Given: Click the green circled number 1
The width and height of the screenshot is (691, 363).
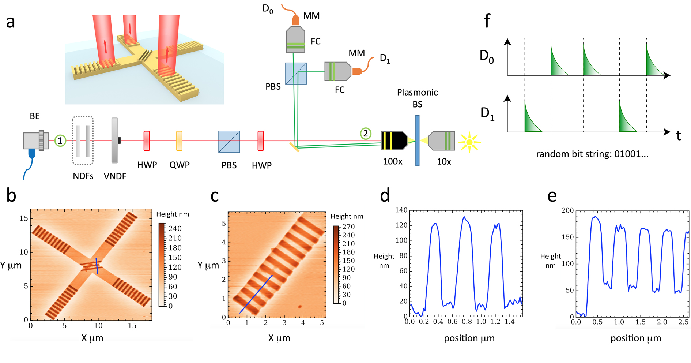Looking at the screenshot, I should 60,141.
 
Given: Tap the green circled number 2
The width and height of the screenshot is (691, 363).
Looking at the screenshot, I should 366,134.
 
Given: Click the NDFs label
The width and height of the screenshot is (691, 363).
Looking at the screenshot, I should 83,176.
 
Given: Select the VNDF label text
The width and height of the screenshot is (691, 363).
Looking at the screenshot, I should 115,176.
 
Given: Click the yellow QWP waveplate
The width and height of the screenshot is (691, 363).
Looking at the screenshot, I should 179,141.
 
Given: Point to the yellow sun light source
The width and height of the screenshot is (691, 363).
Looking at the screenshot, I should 469,142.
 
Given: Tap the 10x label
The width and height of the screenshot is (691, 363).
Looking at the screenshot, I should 444,162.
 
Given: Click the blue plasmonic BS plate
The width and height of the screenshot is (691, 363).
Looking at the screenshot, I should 417,141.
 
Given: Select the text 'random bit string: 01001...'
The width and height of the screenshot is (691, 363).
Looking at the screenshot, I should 592,154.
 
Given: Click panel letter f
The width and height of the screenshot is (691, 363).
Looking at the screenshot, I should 487,21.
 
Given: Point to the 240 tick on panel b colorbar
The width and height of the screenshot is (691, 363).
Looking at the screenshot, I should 175,229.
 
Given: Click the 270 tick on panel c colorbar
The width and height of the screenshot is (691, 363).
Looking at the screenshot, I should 348,227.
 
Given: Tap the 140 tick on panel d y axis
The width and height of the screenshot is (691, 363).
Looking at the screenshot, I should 401,210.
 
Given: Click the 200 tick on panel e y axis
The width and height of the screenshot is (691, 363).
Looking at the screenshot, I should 567,210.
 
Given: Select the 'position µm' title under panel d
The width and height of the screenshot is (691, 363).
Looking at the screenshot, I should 469,338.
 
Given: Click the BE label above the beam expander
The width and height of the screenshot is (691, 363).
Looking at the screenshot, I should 35,116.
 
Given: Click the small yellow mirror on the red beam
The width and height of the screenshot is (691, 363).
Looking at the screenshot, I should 294,147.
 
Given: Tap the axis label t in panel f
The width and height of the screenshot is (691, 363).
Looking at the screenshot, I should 679,136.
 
